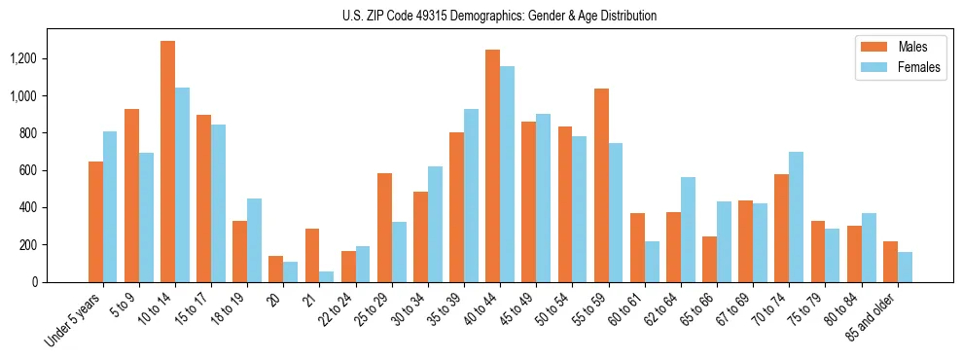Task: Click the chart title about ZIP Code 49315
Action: [499, 16]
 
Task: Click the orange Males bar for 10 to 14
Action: [167, 162]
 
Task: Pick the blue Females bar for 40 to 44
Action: [507, 174]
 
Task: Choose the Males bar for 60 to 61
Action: [637, 247]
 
